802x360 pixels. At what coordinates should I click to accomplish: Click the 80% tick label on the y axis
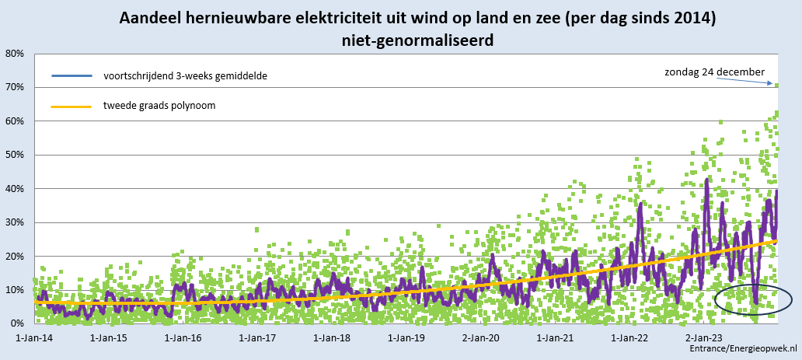[14, 54]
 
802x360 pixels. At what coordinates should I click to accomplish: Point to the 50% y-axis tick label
[14, 155]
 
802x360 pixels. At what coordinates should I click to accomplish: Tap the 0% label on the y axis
[17, 323]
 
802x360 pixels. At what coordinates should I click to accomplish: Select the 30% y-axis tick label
[14, 222]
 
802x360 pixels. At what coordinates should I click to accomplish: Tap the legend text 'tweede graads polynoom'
[159, 106]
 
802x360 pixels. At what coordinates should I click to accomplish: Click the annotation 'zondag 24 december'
[714, 72]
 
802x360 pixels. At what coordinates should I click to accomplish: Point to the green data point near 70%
[776, 85]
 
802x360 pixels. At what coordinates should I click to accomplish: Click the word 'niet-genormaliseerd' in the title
[417, 40]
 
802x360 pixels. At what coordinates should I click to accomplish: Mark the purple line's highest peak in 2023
[707, 180]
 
